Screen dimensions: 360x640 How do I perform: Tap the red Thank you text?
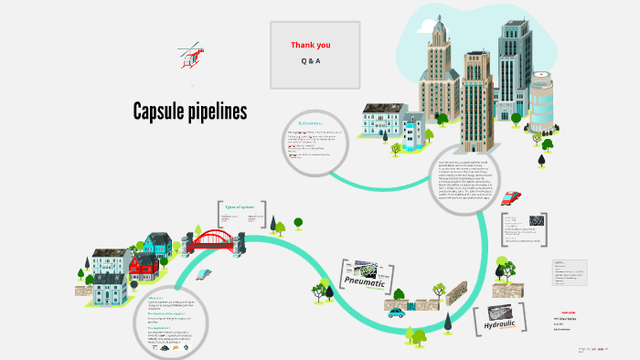point(311,45)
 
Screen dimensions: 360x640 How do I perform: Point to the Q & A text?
point(311,60)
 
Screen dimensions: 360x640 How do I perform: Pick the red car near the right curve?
point(512,196)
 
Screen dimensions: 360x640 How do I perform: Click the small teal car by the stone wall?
point(395,312)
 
